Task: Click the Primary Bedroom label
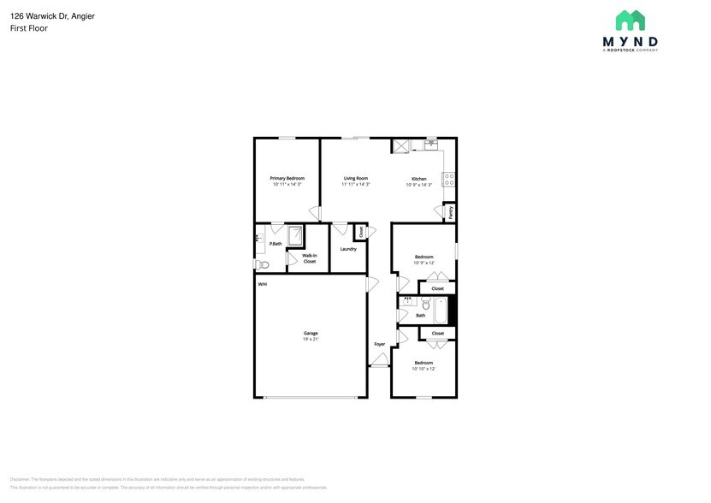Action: point(287,178)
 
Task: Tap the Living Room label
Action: point(356,178)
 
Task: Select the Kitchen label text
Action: point(418,179)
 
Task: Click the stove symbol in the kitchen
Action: point(447,180)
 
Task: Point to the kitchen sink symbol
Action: point(430,145)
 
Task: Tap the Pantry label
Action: point(450,211)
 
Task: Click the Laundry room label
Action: point(348,249)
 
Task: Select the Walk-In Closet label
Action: point(310,258)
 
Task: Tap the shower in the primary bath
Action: point(295,236)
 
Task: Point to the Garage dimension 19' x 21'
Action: point(311,340)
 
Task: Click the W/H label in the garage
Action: point(263,284)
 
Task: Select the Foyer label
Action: point(379,344)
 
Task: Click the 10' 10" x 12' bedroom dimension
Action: point(424,369)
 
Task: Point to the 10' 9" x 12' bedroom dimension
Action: point(424,263)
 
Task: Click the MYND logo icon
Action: point(631,21)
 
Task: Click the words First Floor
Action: point(29,28)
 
